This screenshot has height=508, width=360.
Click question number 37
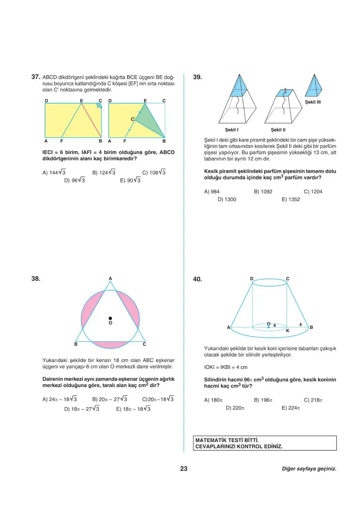[36, 76]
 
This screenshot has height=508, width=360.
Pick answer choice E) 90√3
[130, 180]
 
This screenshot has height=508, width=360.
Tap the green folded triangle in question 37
[148, 122]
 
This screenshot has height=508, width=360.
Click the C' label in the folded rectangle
[133, 119]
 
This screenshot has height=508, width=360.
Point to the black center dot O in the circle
[110, 318]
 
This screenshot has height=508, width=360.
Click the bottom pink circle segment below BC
[110, 345]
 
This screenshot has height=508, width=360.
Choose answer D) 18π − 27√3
[82, 409]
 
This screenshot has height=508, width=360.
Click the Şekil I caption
[232, 130]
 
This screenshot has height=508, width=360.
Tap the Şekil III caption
[313, 102]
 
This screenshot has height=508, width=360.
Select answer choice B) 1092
[263, 191]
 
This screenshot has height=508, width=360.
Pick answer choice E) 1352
[290, 200]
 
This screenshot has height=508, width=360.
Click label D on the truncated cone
[252, 279]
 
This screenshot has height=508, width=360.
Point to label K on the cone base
[288, 330]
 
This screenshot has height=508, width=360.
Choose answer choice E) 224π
[291, 408]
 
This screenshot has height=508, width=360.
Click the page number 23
[184, 469]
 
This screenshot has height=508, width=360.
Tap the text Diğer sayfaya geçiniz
[309, 469]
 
